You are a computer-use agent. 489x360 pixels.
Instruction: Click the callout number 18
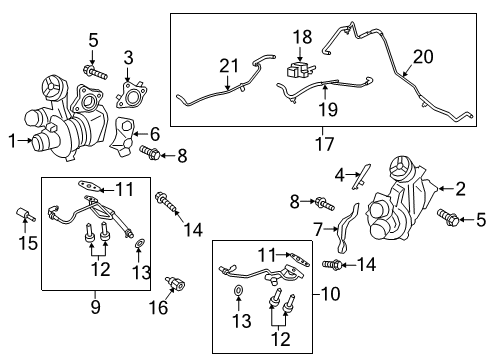[x=302, y=37]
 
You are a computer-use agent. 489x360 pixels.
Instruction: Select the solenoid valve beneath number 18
[x=301, y=69]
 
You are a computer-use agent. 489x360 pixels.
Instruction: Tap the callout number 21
[x=229, y=66]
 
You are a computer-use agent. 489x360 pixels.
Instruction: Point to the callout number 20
[x=423, y=57]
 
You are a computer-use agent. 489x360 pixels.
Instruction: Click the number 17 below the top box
[x=324, y=144]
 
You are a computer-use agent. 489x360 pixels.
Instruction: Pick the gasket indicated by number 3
[x=131, y=95]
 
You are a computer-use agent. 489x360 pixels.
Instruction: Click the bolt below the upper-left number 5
[x=95, y=73]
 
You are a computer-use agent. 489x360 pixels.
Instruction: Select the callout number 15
[x=28, y=242]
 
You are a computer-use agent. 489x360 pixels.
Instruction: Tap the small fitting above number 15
[x=26, y=216]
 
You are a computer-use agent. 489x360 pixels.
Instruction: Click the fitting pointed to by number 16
[x=175, y=284]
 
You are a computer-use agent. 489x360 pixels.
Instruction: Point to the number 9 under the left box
[x=95, y=307]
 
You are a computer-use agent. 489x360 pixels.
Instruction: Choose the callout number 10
[x=330, y=294]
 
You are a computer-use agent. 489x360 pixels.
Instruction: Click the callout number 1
[x=12, y=141]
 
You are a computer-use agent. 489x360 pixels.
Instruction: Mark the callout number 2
[x=460, y=189]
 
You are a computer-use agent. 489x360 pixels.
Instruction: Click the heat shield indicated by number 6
[x=122, y=137]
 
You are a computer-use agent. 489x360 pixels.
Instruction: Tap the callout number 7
[x=318, y=229]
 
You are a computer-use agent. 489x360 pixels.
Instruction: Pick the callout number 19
[x=328, y=109]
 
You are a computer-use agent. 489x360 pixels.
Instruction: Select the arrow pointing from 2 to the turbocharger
[x=445, y=189]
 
